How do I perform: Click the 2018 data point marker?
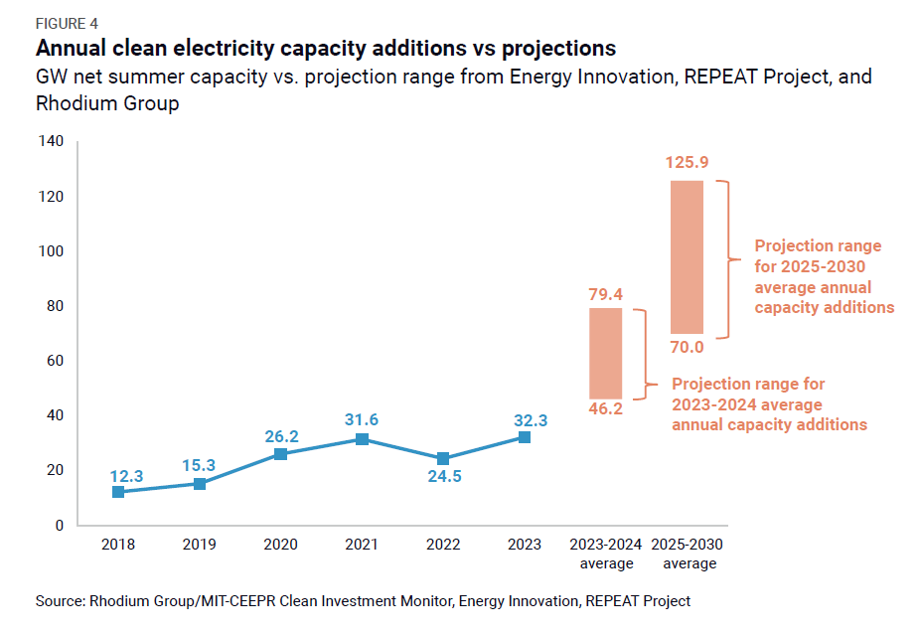pyautogui.click(x=118, y=491)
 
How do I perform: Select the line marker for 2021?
pyautogui.click(x=362, y=438)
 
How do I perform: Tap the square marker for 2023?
pyautogui.click(x=525, y=437)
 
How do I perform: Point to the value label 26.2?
pyautogui.click(x=280, y=435)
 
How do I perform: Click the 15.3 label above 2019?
pyautogui.click(x=199, y=464)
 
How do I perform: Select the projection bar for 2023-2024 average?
pyautogui.click(x=605, y=353)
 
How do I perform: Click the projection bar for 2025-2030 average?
pyautogui.click(x=687, y=257)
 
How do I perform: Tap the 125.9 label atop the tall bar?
pyautogui.click(x=687, y=163)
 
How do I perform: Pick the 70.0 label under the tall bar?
pyautogui.click(x=687, y=347)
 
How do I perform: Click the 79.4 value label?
pyautogui.click(x=605, y=294)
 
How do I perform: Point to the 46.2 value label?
pyautogui.click(x=605, y=408)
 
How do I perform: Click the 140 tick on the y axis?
pyautogui.click(x=51, y=142)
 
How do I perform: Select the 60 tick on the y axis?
pyautogui.click(x=55, y=361)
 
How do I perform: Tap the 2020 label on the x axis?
pyautogui.click(x=280, y=545)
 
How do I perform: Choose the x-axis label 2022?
pyautogui.click(x=443, y=545)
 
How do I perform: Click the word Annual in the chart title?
pyautogui.click(x=73, y=49)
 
